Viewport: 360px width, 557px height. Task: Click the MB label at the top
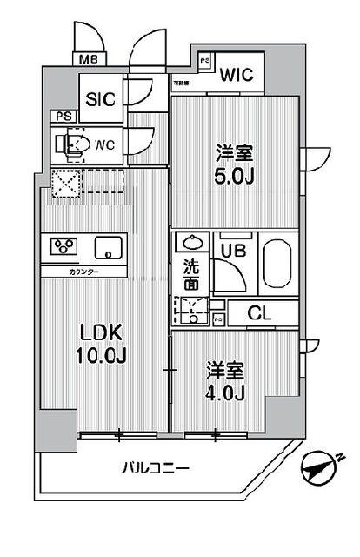pos(88,60)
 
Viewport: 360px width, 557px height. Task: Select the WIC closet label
pos(236,75)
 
